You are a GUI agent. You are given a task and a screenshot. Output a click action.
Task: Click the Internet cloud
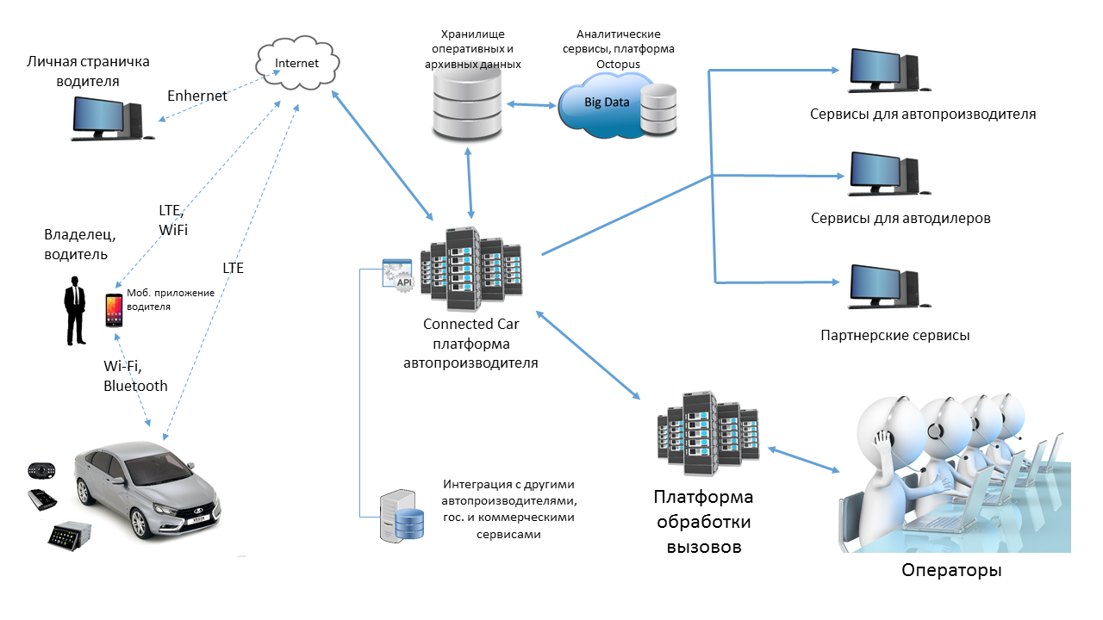296,65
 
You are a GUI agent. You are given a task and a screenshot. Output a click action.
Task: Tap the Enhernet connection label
197,96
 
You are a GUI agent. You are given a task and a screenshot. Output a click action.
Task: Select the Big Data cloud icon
608,102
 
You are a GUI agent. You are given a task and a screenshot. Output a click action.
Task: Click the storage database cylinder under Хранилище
466,105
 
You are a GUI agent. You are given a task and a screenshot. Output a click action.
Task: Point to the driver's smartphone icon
114,310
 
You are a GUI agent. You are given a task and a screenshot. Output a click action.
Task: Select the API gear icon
398,275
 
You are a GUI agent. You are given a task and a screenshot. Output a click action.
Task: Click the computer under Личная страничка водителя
108,118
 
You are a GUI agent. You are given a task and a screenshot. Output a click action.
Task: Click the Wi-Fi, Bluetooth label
135,376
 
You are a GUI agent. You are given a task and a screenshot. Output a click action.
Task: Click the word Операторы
951,571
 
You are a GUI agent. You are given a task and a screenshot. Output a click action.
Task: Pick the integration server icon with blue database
402,515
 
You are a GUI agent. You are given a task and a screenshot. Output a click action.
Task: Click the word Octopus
613,64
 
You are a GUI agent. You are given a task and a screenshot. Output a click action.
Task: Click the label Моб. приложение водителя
170,300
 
